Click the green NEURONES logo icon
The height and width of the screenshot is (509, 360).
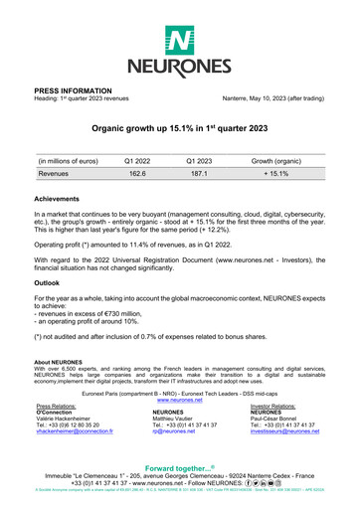[179, 41]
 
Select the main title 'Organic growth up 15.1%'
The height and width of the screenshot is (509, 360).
[179, 129]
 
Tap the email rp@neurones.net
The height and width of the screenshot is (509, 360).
[170, 432]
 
